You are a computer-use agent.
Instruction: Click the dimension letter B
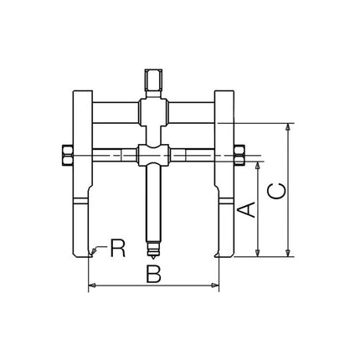click(152, 272)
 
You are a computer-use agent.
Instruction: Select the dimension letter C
click(276, 191)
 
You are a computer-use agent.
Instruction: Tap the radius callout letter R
click(118, 248)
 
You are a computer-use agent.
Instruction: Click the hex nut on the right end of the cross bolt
click(238, 155)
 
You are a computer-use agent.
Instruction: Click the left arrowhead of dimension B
click(91, 286)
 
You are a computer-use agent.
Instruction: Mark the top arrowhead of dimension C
click(290, 128)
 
